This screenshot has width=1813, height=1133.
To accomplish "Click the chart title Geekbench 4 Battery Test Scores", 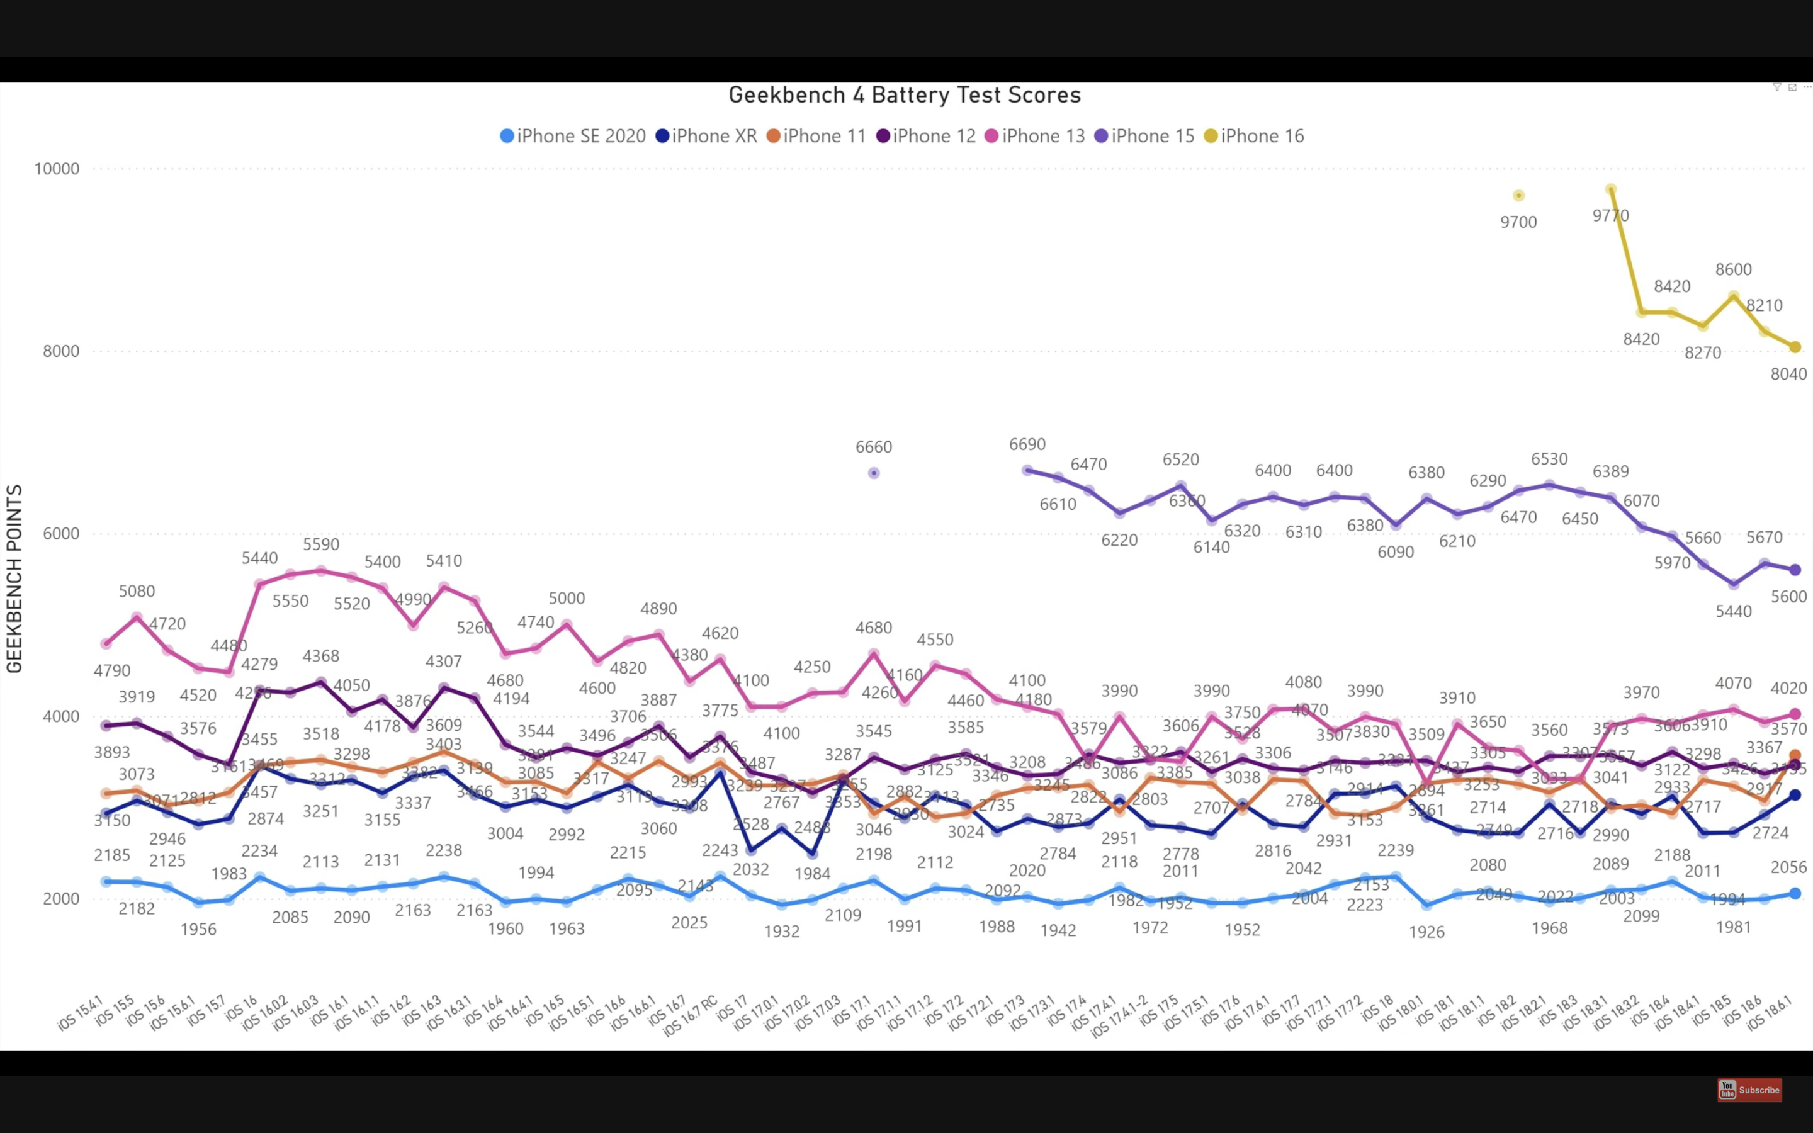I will click(904, 95).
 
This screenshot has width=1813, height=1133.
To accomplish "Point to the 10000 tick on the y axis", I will click(57, 169).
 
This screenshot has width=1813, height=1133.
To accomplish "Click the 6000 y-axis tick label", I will click(60, 534).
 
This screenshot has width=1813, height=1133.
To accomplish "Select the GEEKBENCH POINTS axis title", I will click(14, 578).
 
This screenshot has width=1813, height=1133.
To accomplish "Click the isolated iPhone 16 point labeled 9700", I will click(1518, 196).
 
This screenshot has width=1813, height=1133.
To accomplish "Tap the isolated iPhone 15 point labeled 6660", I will click(874, 473).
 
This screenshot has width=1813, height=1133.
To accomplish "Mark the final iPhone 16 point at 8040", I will click(1795, 347).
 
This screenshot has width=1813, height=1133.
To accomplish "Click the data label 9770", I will click(1611, 216).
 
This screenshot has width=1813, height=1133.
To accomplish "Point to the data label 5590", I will click(320, 544).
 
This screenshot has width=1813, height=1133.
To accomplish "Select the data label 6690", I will click(1027, 444).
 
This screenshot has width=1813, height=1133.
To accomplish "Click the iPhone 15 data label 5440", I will click(1734, 611).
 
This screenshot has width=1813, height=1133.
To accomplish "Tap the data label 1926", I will click(1426, 932).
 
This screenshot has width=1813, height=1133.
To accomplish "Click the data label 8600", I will click(1734, 269).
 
